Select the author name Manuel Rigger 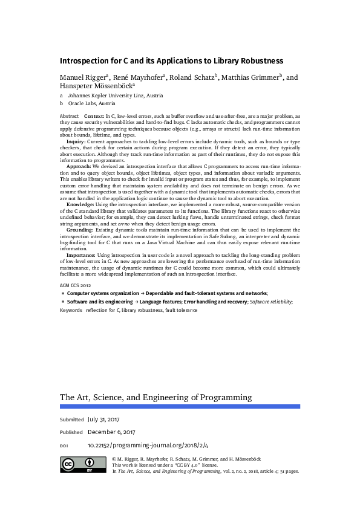83,78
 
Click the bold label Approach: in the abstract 79,166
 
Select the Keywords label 71,310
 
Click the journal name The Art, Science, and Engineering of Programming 155,397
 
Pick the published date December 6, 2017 111,432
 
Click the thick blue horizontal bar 180,407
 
